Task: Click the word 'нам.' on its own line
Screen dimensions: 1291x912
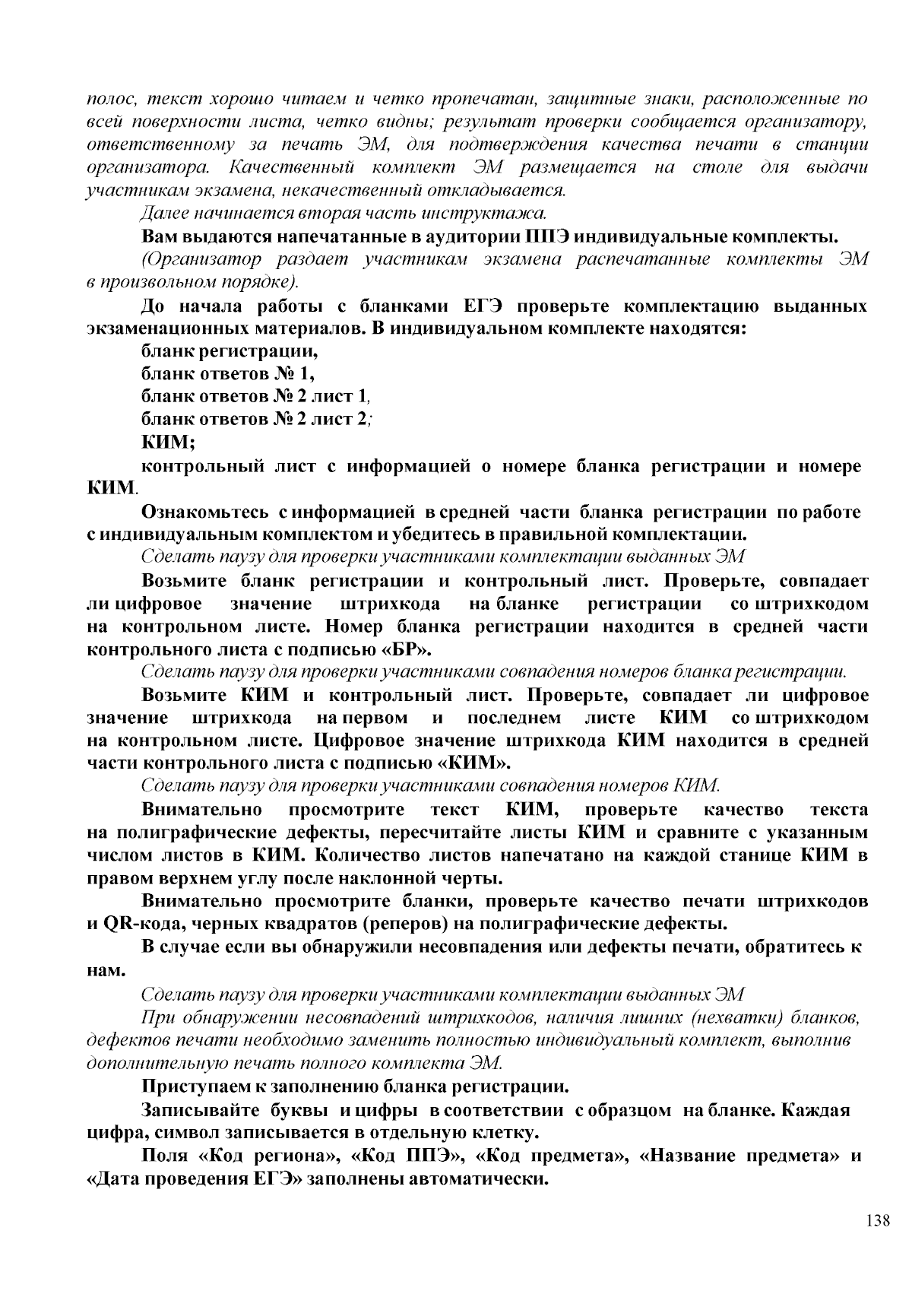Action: [103, 970]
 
